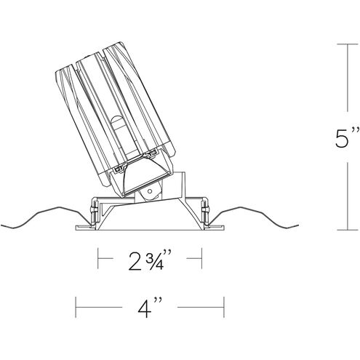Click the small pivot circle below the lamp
click(150, 191)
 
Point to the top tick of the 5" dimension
click(348, 44)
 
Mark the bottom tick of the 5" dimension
click(348, 230)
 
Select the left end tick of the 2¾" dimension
click(98, 258)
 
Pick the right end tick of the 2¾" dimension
click(201, 258)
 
